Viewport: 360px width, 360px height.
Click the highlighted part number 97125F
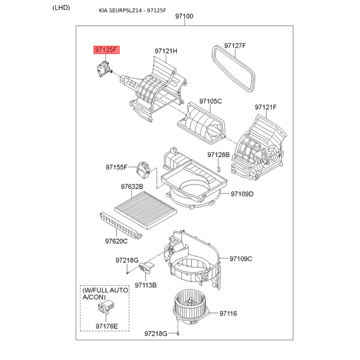coord(107,50)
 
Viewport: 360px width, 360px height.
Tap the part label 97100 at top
coord(184,16)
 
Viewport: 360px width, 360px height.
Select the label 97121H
coord(166,51)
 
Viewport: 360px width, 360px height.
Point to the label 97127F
coord(235,45)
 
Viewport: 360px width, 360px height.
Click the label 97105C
coord(211,101)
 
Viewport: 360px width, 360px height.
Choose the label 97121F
coord(265,107)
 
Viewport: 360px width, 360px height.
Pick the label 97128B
coord(218,155)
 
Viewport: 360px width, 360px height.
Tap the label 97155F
coord(117,167)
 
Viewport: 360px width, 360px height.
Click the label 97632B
coord(131,186)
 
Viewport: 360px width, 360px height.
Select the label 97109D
coord(242,194)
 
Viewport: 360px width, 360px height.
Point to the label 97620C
coord(117,241)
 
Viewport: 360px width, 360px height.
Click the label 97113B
coord(145,285)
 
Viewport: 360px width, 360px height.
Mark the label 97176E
coord(107,326)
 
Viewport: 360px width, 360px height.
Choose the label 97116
coord(228,313)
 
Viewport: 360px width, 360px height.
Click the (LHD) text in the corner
coord(61,7)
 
